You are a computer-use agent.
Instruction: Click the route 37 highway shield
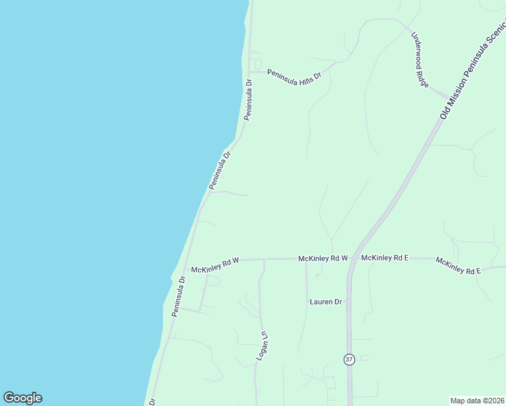click(x=349, y=359)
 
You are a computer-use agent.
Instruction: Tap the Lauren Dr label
click(x=326, y=302)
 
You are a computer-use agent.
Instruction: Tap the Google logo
click(x=22, y=398)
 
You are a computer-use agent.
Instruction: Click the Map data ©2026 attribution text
click(x=477, y=401)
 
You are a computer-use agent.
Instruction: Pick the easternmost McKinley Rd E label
click(x=458, y=266)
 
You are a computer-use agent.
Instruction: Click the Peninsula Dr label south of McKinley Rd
click(x=179, y=296)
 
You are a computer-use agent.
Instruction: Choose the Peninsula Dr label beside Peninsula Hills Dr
click(x=248, y=100)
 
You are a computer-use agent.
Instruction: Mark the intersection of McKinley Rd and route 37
click(x=350, y=258)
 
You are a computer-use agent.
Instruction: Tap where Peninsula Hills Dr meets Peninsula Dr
click(x=250, y=71)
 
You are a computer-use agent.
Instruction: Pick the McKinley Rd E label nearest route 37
click(x=386, y=258)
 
